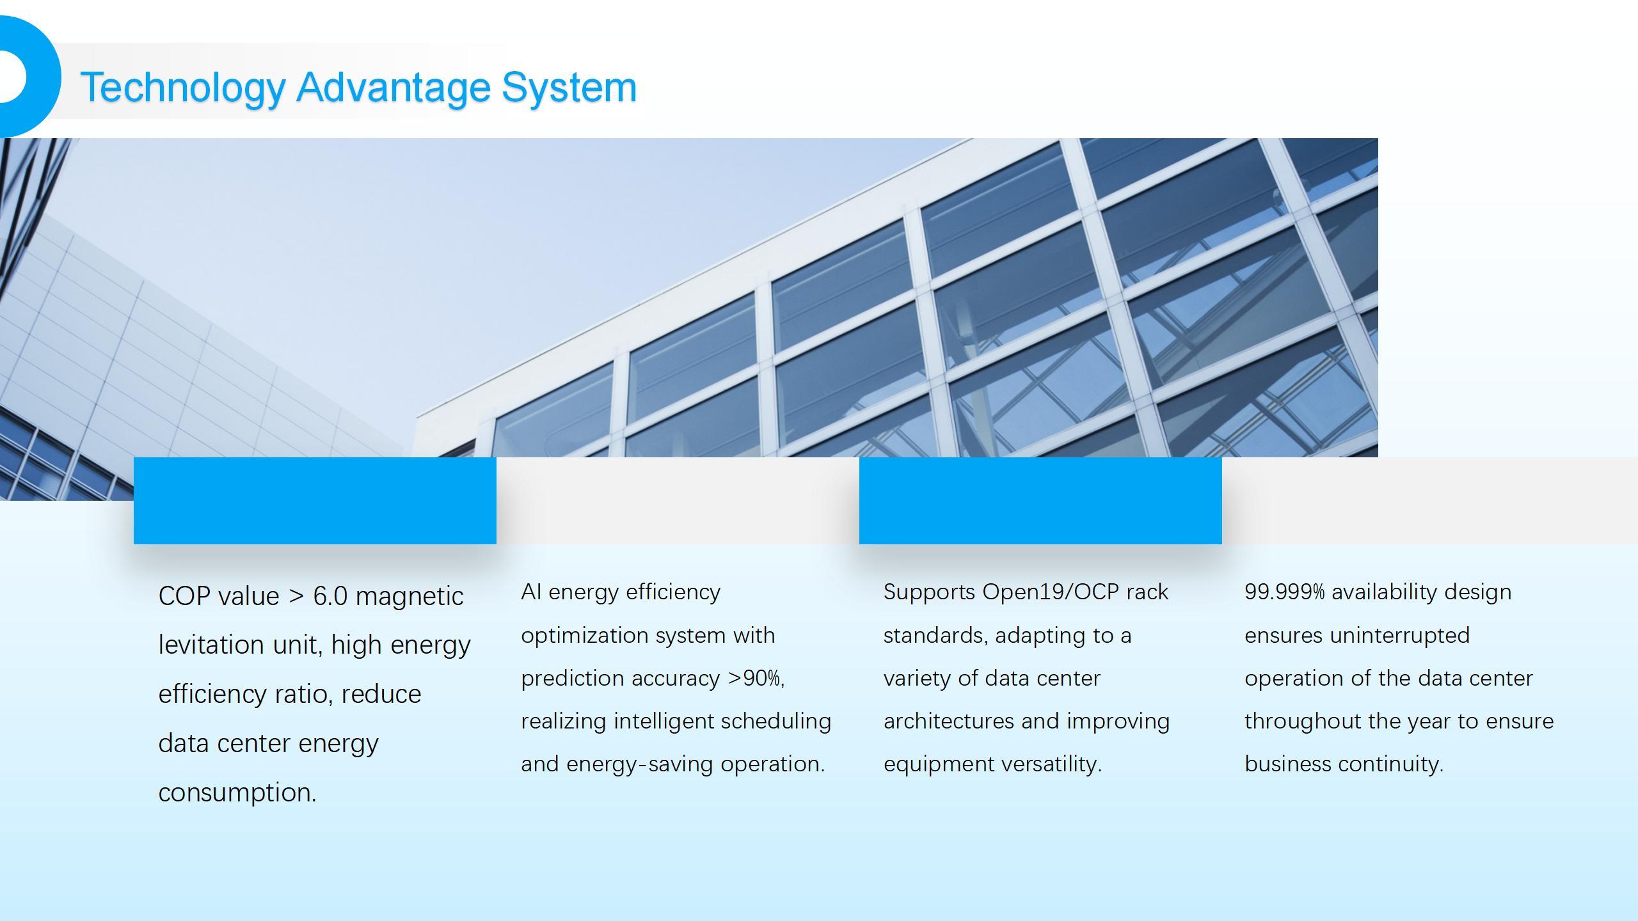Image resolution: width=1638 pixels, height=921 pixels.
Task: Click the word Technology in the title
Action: click(x=182, y=88)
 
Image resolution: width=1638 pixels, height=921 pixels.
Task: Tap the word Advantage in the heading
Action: click(x=393, y=88)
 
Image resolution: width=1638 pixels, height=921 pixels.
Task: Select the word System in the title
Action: click(x=569, y=88)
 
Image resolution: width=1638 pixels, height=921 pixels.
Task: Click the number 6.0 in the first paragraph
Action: click(x=330, y=596)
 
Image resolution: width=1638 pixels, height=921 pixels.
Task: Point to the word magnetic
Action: click(x=409, y=596)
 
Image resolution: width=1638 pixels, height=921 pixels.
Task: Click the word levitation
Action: click(x=212, y=645)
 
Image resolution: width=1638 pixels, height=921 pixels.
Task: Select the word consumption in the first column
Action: click(x=237, y=793)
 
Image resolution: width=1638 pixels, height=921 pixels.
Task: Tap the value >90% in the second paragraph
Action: click(x=756, y=678)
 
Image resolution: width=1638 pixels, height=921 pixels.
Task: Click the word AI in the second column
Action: click(x=531, y=592)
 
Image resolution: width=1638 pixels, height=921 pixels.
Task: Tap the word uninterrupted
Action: click(x=1399, y=636)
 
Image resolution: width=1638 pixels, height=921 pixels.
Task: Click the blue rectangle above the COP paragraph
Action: click(x=315, y=501)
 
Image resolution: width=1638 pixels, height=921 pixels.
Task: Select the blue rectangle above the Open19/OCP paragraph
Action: click(x=1040, y=501)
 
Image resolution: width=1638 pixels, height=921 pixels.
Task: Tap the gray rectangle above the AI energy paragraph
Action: click(x=678, y=501)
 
